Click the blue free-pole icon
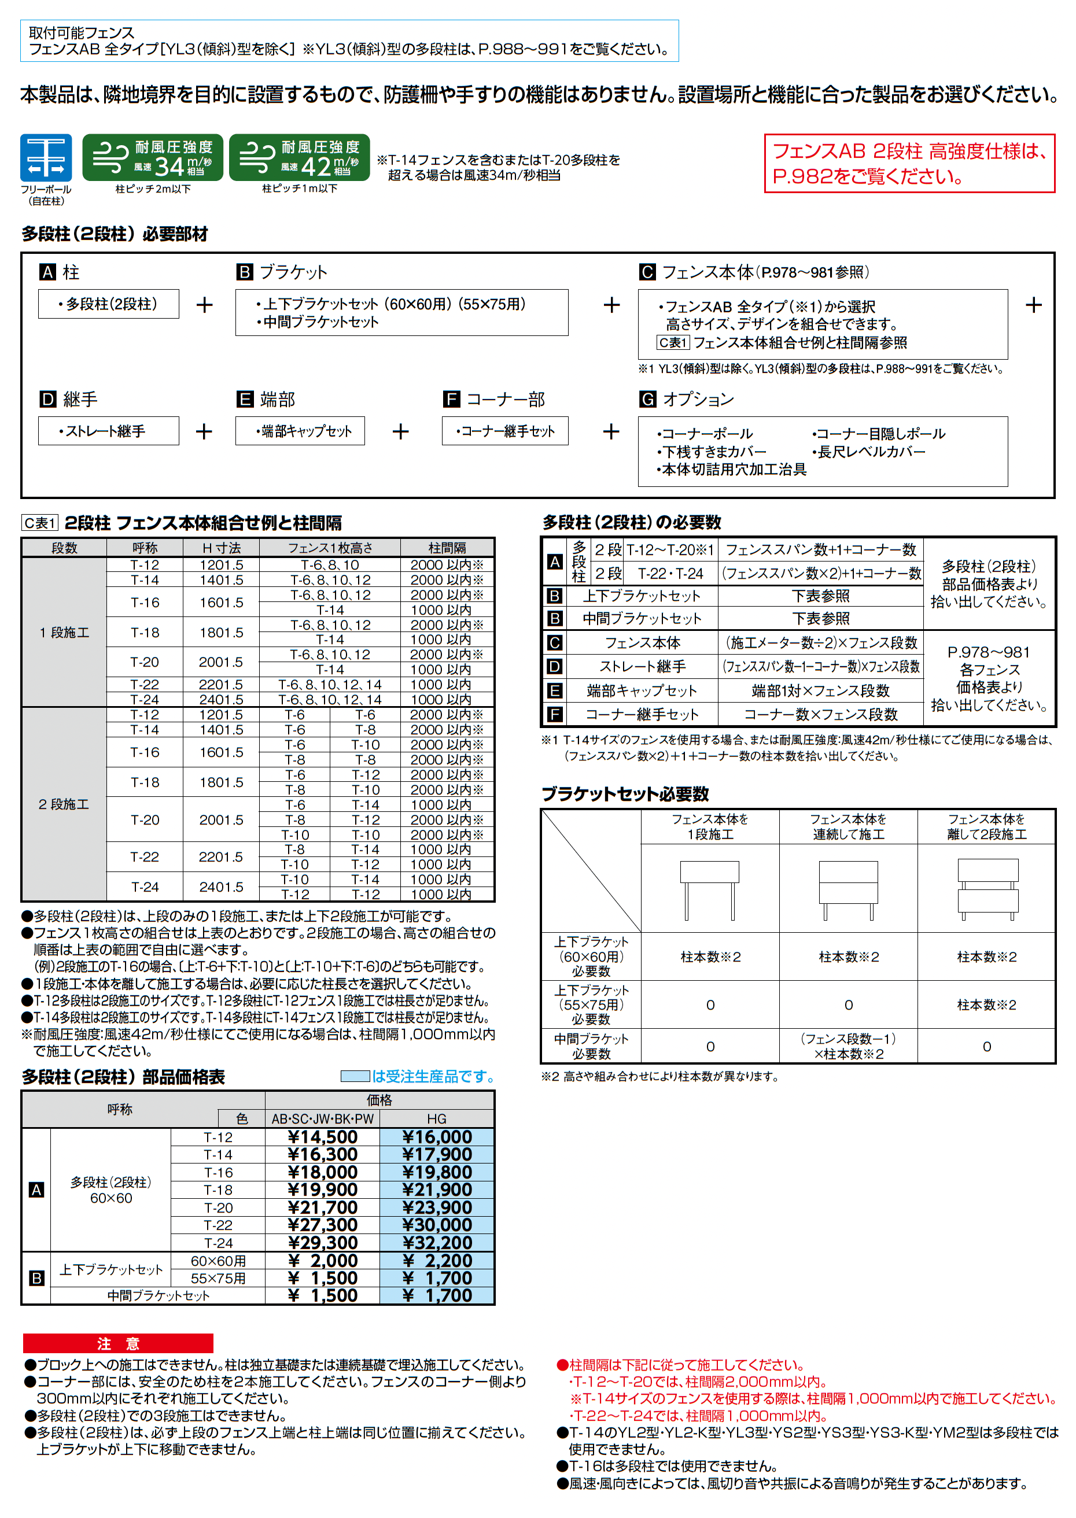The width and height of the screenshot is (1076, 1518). [46, 158]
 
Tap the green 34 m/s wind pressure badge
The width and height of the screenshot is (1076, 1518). [152, 158]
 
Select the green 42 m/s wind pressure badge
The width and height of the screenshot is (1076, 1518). [299, 158]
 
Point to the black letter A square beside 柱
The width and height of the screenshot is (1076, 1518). [47, 272]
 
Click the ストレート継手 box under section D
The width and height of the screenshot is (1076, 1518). [109, 431]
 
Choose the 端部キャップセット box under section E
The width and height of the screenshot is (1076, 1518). [300, 431]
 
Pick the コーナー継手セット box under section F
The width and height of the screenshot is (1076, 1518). [505, 431]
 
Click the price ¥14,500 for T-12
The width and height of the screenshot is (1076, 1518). [323, 1137]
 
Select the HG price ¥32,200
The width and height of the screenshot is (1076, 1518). [437, 1243]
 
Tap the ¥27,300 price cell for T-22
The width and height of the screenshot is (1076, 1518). [323, 1225]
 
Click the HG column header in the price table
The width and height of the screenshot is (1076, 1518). [437, 1118]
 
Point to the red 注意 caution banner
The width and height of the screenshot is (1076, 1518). [118, 1343]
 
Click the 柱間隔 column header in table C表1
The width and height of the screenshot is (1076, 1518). [447, 548]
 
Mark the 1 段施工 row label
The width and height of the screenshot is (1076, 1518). [64, 633]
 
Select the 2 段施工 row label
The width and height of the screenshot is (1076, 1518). [64, 804]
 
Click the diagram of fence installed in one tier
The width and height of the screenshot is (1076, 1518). [710, 889]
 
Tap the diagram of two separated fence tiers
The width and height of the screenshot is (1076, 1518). [987, 889]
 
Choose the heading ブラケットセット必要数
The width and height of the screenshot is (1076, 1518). [625, 794]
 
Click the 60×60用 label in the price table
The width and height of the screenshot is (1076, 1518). [218, 1260]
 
